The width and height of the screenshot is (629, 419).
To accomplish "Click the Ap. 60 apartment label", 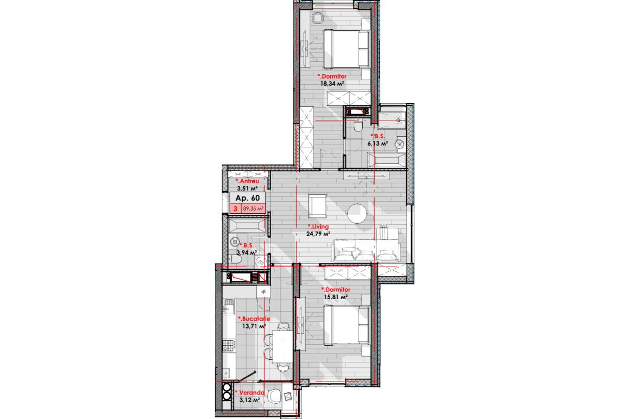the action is point(247,198).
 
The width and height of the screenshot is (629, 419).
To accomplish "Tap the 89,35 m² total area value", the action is point(253,208).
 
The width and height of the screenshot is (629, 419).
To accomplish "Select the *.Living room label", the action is point(318,226).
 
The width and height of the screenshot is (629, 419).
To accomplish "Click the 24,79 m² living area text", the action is point(318,234).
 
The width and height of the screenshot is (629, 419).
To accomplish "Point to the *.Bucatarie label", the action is point(254,319).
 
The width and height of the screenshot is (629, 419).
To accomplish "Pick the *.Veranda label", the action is point(250,393).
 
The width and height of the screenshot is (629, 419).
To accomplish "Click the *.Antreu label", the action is point(247,181).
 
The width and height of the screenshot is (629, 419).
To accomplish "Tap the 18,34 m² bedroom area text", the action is point(332,83).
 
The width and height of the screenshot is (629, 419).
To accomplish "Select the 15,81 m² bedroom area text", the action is point(336,296).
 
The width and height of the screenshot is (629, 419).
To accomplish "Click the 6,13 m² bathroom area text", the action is point(378,144).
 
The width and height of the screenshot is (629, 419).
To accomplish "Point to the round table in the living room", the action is point(357,214).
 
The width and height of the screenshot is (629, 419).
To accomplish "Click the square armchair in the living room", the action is point(317,206).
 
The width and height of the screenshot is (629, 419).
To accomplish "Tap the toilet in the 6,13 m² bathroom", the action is point(358,126).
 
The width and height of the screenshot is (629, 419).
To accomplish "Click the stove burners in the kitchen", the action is point(229,346).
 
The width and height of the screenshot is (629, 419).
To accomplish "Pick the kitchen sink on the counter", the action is point(229,306).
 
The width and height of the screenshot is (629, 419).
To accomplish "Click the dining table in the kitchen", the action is point(283,347).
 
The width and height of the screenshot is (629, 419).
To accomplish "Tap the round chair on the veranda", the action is point(274,397).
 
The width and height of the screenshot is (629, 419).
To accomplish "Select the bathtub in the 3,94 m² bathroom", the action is point(247,225).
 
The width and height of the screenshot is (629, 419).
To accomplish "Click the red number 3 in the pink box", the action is point(235,209).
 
